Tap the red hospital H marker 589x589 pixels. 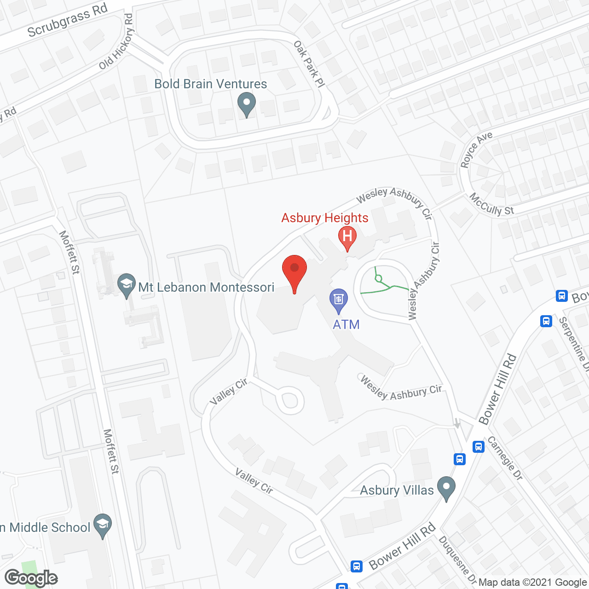(x=347, y=237)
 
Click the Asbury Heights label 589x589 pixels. (x=325, y=218)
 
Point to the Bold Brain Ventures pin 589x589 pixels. (x=247, y=104)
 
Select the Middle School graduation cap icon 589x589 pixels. (x=103, y=525)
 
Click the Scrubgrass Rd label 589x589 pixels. (x=67, y=20)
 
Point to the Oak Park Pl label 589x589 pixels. (x=309, y=64)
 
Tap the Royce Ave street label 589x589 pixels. (x=476, y=149)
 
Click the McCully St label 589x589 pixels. (x=491, y=204)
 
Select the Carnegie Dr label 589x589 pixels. (x=505, y=458)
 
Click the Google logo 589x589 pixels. (x=31, y=577)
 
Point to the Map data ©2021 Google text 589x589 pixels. (x=533, y=583)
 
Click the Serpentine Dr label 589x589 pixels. (x=573, y=343)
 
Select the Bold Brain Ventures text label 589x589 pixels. (x=211, y=84)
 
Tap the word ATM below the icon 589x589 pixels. (x=346, y=324)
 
